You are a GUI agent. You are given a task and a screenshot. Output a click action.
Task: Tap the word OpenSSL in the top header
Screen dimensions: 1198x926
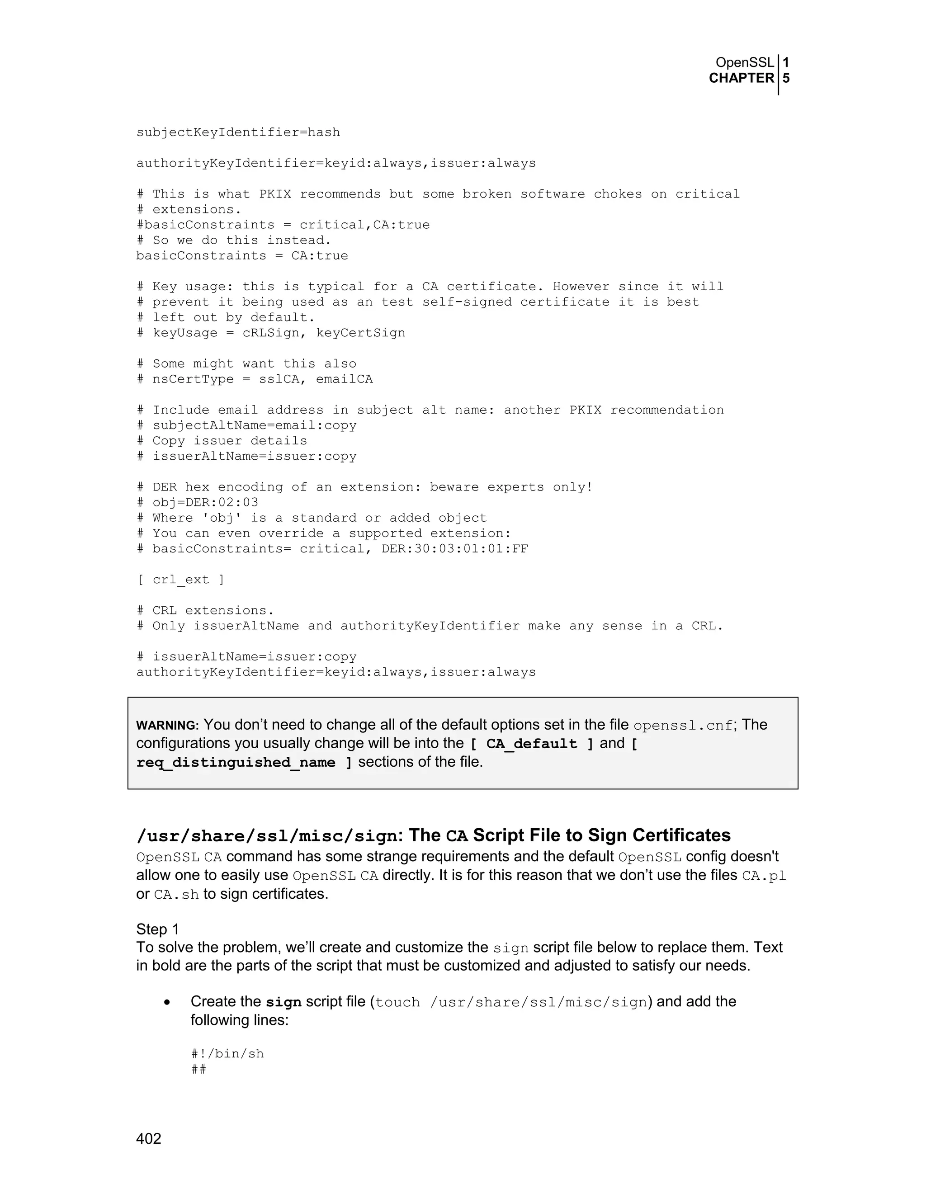(744, 62)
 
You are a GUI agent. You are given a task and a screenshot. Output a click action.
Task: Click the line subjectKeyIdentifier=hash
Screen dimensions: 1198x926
(238, 132)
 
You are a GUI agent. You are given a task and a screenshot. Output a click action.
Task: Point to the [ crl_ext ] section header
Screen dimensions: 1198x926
(180, 580)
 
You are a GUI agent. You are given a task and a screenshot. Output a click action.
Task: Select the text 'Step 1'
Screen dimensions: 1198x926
(157, 929)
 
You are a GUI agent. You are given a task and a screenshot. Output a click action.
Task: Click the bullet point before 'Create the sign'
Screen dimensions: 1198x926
(167, 1002)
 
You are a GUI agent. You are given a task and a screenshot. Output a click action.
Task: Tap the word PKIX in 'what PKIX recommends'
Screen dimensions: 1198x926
(275, 194)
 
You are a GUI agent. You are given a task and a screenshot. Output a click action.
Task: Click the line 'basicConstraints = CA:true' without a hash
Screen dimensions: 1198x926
(242, 255)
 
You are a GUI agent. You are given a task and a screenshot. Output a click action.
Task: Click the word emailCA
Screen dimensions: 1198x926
(344, 379)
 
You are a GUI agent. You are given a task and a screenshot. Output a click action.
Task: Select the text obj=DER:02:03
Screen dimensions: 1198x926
(205, 502)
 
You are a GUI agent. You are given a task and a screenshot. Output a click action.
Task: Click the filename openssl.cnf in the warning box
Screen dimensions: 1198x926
(682, 726)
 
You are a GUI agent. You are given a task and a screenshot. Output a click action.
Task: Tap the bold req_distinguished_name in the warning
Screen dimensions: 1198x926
(236, 763)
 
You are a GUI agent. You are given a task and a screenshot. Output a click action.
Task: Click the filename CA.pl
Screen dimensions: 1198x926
(764, 876)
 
